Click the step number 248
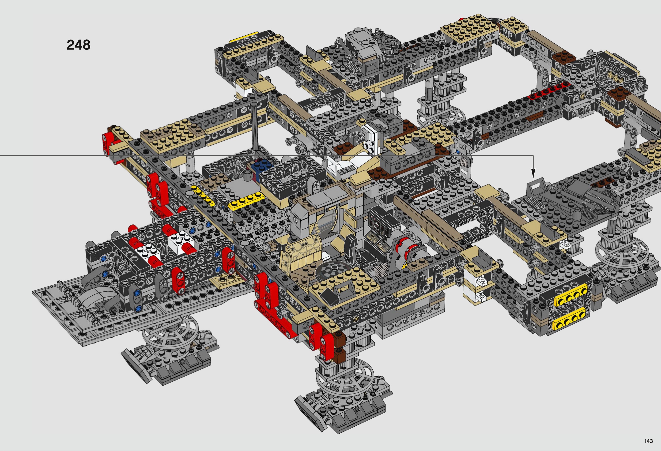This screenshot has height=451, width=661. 78,45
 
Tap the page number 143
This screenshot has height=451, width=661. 648,441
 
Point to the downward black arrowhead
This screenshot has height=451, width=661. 533,173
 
